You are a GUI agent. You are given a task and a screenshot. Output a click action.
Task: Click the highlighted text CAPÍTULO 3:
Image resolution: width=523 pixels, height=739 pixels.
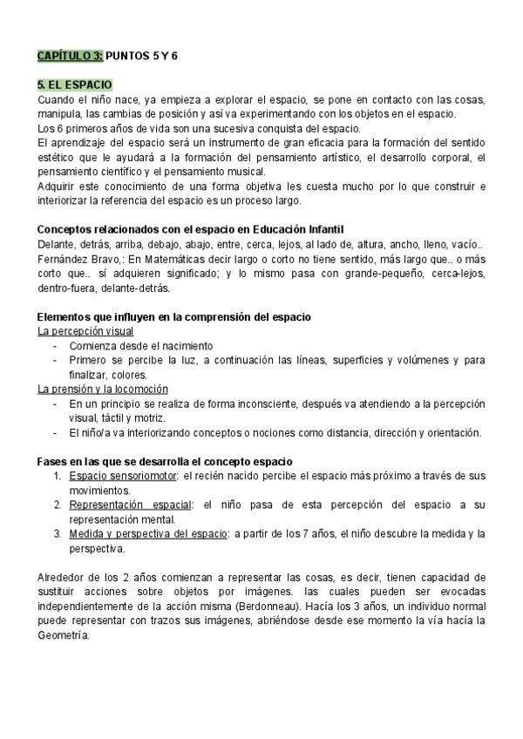tap(70, 55)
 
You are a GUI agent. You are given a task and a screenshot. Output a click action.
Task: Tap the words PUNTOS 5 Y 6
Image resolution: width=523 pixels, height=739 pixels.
tap(141, 55)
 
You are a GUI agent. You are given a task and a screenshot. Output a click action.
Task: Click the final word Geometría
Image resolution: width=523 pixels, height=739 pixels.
tap(64, 636)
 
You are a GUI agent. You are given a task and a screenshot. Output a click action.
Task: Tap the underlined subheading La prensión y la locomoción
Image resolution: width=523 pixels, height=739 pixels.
tap(103, 389)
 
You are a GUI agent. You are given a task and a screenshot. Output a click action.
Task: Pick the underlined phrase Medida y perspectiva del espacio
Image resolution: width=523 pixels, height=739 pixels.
tap(146, 533)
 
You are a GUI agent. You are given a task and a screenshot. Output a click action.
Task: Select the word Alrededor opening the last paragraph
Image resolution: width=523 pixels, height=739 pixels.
tap(64, 576)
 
